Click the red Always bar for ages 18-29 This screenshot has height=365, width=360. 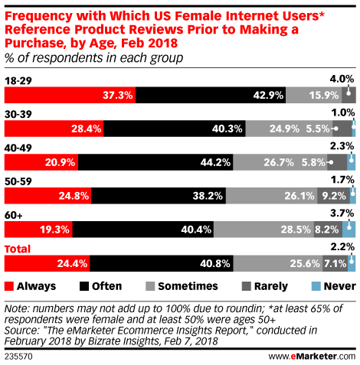pos(61,96)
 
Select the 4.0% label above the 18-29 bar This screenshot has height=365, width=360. pos(342,78)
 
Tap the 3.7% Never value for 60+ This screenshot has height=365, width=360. pos(342,212)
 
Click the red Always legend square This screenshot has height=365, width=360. pos(10,286)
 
